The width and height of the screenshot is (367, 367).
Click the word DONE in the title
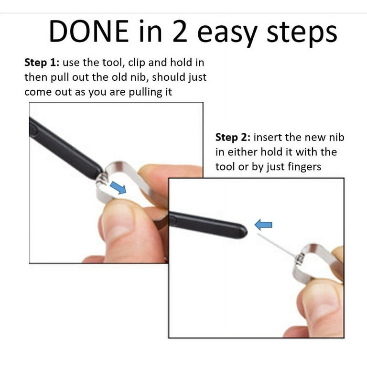point(88,31)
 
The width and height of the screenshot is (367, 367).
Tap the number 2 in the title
point(180,31)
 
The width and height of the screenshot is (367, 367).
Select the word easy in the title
point(227,33)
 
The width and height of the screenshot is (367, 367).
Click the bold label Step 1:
point(42,63)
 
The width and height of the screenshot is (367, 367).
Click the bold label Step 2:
point(233,138)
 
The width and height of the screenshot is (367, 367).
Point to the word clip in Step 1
point(137,63)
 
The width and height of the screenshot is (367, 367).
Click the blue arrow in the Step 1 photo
point(118,187)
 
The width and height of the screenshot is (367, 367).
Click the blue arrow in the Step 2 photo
point(263,225)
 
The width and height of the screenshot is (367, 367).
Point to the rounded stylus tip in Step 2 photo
point(244,232)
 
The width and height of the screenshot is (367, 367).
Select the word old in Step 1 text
point(119,77)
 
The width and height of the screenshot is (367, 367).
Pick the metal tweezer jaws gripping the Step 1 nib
point(102,179)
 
